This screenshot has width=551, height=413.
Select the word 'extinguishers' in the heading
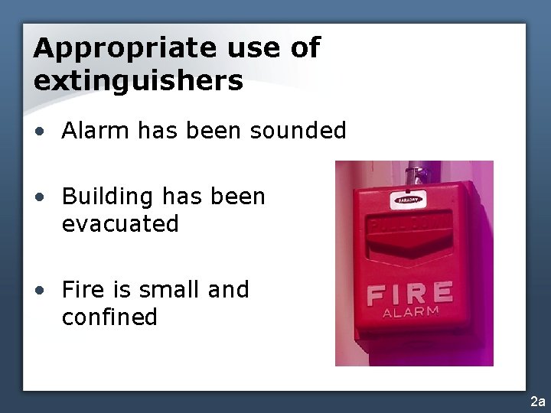pyautogui.click(x=139, y=80)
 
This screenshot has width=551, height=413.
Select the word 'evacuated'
pyautogui.click(x=120, y=224)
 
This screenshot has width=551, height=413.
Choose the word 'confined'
pyautogui.click(x=109, y=317)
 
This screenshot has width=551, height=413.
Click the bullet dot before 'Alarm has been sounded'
pyautogui.click(x=38, y=132)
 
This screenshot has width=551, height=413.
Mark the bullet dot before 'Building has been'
pyautogui.click(x=38, y=197)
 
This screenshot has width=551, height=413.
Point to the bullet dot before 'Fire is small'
pyautogui.click(x=38, y=291)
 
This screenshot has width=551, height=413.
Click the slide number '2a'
pyautogui.click(x=537, y=402)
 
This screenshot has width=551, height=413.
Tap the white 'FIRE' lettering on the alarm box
pyautogui.click(x=409, y=294)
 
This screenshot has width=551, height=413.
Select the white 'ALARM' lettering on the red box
pyautogui.click(x=410, y=312)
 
